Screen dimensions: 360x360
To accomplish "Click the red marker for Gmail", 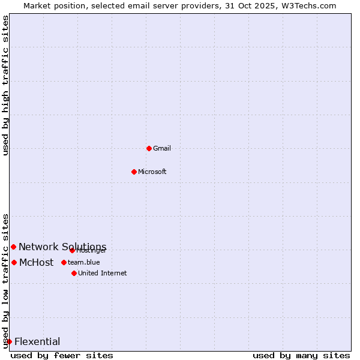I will (149, 148).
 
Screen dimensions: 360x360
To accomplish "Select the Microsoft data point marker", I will (134, 172).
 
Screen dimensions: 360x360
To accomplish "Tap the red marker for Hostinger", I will (72, 250).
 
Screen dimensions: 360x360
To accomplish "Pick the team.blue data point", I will (64, 262).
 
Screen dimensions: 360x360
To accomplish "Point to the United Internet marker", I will (74, 273).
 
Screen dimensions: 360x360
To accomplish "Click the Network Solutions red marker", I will (13, 247).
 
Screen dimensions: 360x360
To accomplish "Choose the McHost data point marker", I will (14, 262).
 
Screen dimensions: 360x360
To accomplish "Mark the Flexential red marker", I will (9, 341).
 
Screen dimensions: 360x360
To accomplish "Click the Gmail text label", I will (162, 148).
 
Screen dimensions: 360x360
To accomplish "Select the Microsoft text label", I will (152, 172).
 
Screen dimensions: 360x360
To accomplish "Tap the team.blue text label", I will (84, 262).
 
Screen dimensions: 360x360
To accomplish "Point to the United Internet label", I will (103, 273).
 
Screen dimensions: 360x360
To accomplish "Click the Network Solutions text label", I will (62, 247).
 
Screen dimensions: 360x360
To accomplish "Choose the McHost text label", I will (37, 262).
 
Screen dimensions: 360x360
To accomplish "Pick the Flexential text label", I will (37, 341).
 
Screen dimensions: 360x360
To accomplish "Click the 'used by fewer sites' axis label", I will (62, 355).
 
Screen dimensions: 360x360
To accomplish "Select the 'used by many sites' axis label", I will (301, 355).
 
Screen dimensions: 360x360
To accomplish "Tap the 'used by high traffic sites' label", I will (5, 85).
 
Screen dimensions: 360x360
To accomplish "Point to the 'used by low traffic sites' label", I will (5, 280).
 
